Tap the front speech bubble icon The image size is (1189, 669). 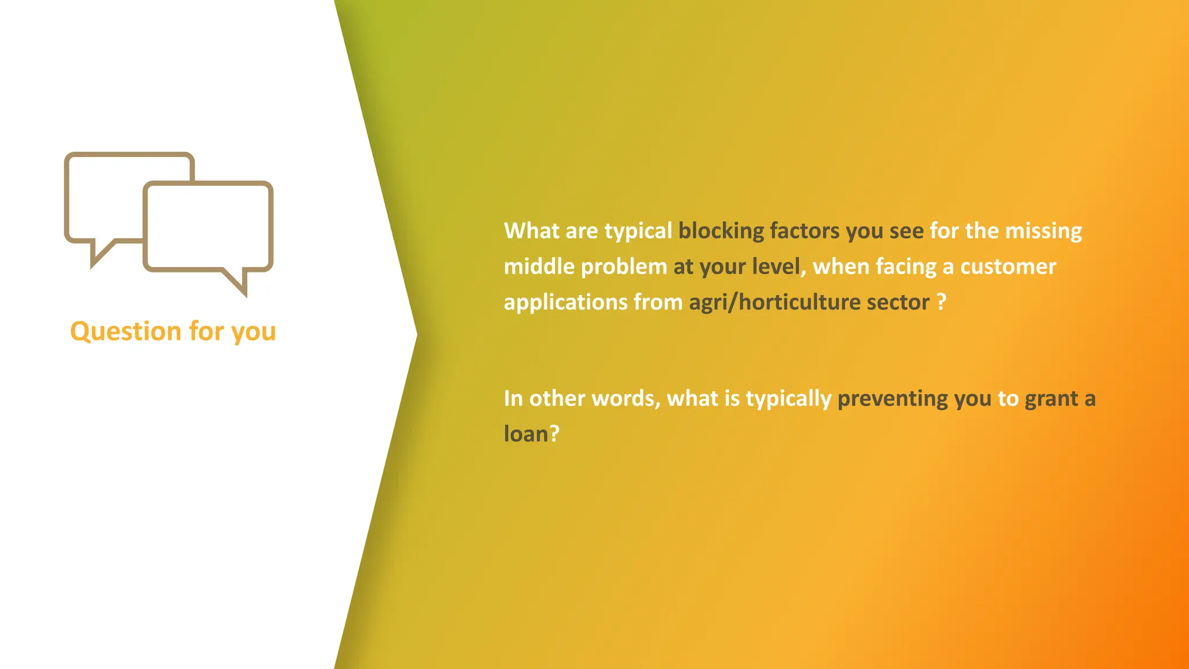[208, 226]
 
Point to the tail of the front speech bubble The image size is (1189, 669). [238, 282]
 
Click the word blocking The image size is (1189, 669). [721, 231]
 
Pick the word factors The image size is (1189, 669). [804, 231]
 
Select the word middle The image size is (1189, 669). [539, 267]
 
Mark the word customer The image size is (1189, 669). [1008, 267]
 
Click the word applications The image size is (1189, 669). [565, 303]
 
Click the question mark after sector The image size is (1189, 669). [942, 302]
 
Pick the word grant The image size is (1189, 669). [1051, 399]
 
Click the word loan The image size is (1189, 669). [525, 434]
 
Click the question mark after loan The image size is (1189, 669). [554, 434]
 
